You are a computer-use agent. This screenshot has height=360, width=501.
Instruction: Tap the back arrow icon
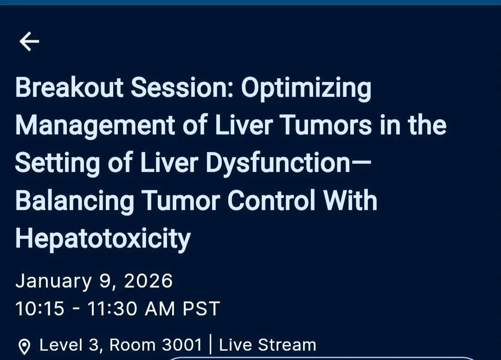(x=29, y=41)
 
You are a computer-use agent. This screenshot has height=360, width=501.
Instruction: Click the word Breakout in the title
(x=69, y=87)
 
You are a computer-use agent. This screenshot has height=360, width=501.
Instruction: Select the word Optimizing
(x=306, y=90)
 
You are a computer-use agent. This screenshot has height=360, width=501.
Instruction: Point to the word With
(x=350, y=200)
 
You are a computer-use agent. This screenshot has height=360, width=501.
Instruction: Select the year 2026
(x=148, y=281)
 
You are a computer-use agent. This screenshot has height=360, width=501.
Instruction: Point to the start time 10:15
(x=39, y=309)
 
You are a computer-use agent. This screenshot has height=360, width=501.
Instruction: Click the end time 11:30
(x=111, y=309)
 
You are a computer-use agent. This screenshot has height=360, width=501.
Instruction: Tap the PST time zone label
(x=201, y=309)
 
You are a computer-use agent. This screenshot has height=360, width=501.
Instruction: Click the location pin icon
(x=24, y=347)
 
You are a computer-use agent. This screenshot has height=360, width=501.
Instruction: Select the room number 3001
(x=182, y=345)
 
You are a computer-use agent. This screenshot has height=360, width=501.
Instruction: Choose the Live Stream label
(x=268, y=345)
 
